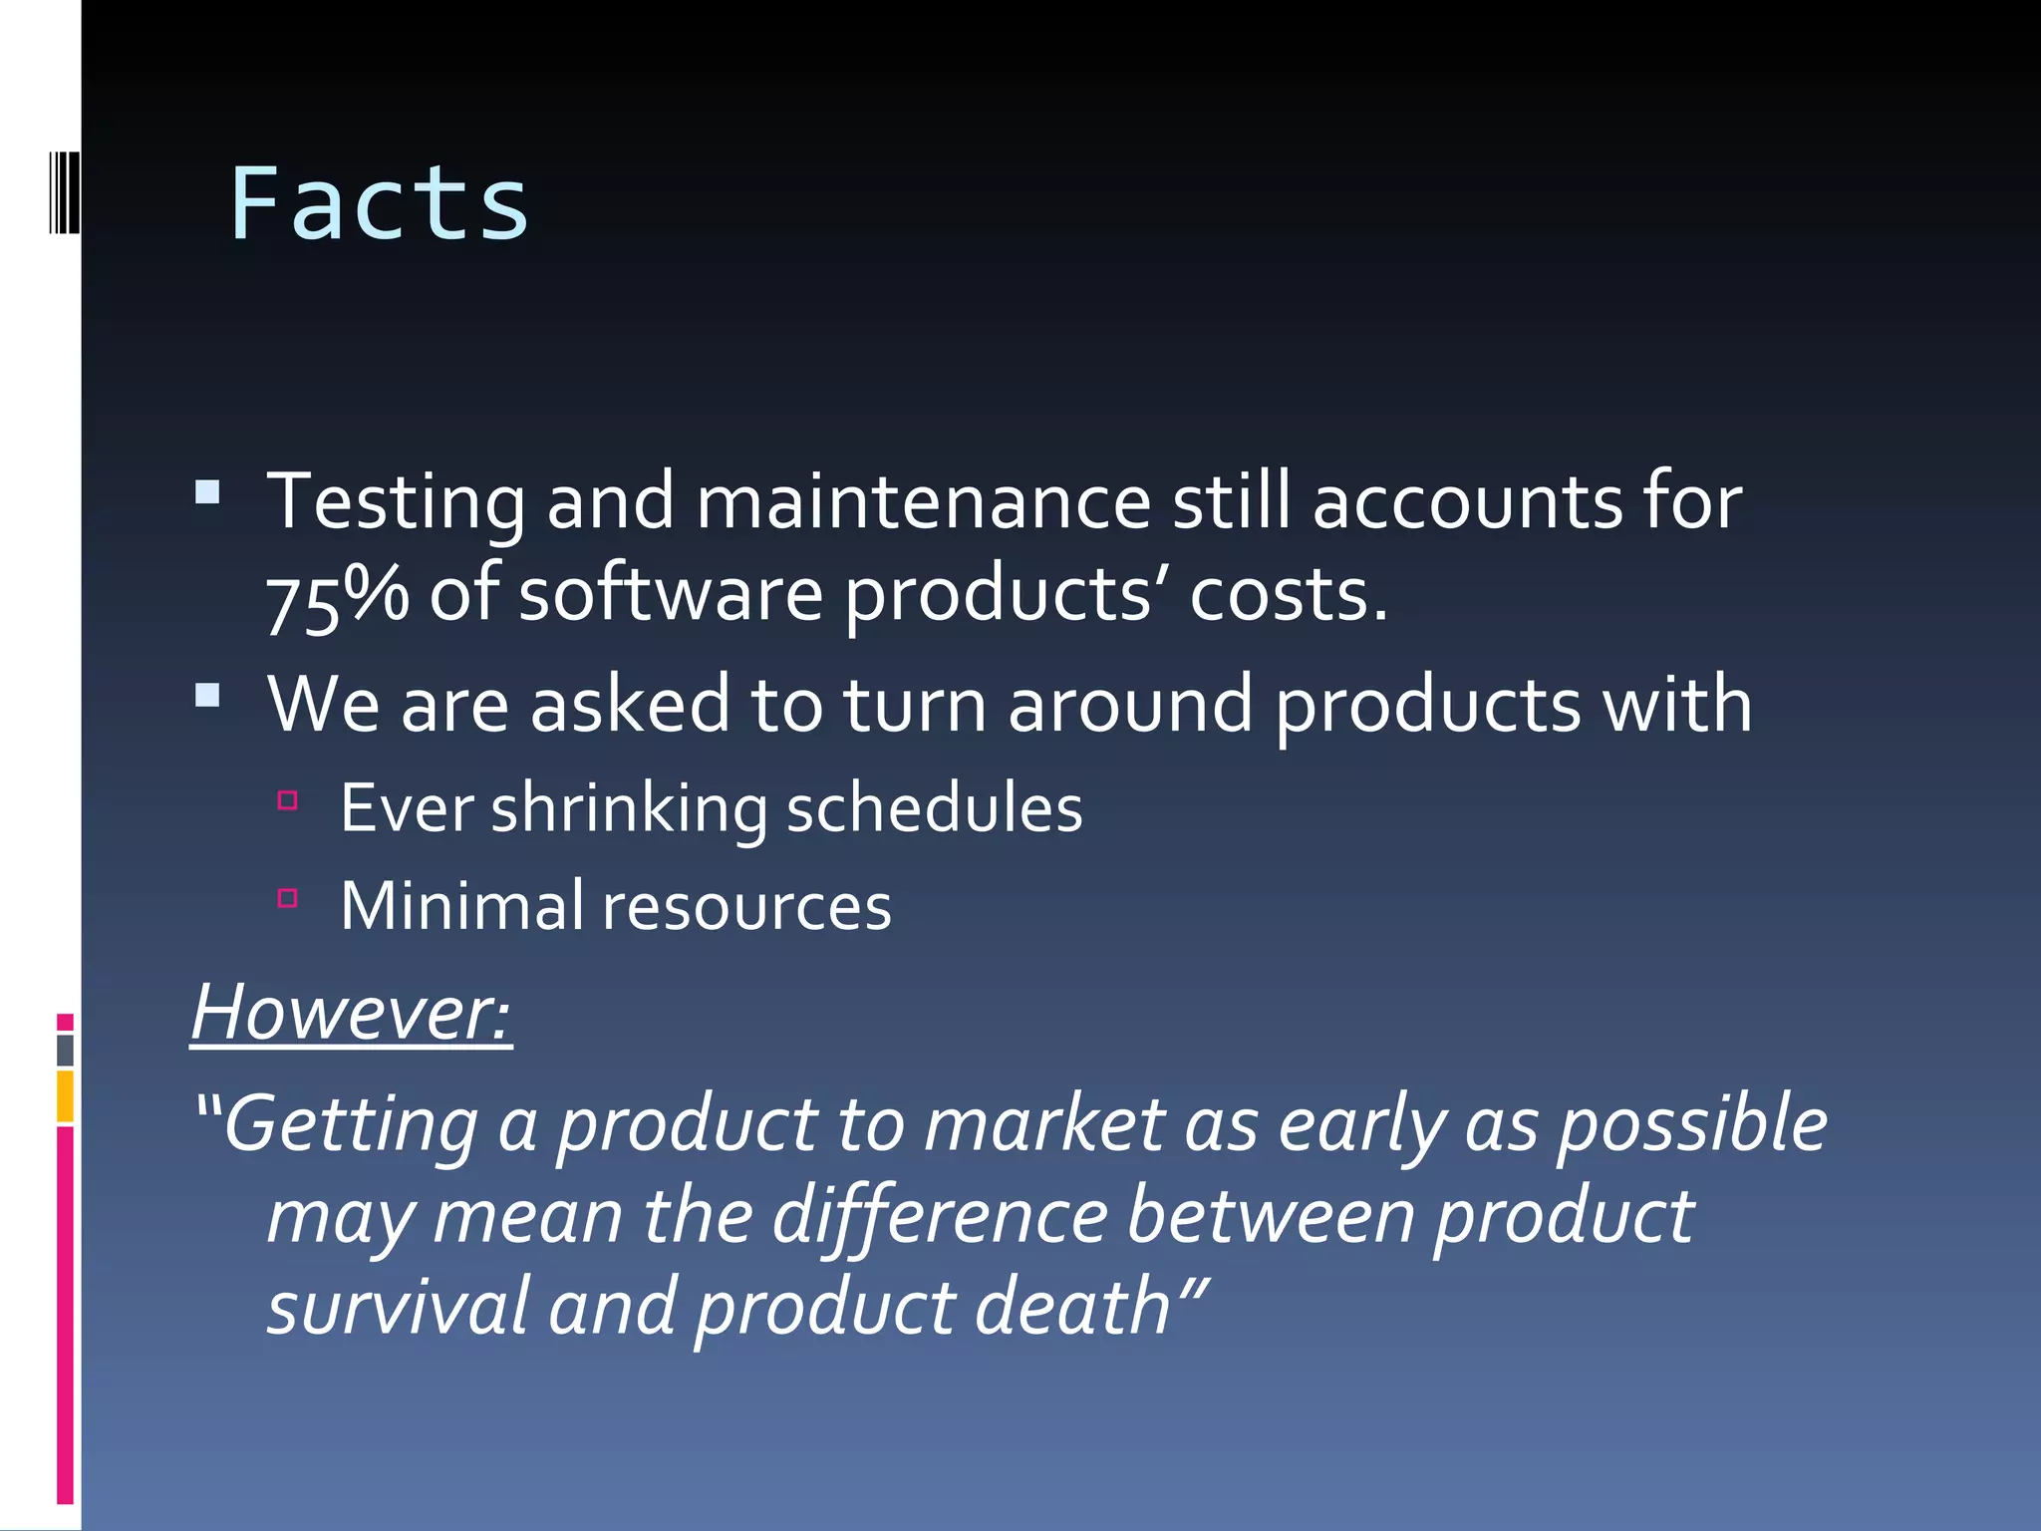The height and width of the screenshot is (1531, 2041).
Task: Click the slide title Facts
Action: point(379,204)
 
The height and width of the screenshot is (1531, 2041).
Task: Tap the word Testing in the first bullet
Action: point(395,501)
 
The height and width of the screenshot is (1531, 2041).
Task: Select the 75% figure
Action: point(337,596)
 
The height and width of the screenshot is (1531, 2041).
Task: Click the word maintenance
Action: point(923,501)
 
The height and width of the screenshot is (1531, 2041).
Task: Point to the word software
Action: point(670,594)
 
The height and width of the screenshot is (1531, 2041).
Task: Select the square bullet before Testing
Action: point(207,491)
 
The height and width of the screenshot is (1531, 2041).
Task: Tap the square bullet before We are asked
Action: point(207,695)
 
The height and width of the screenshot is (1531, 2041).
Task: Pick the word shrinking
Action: point(629,808)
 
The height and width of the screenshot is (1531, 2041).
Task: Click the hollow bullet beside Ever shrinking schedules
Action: point(288,799)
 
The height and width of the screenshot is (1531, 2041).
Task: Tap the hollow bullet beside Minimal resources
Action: point(288,898)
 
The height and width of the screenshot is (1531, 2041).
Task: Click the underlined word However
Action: point(351,1013)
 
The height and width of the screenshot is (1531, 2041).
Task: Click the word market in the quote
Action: point(1044,1123)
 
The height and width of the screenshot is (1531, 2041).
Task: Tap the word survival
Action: point(397,1307)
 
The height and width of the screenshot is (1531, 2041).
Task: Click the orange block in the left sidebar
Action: point(65,1096)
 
